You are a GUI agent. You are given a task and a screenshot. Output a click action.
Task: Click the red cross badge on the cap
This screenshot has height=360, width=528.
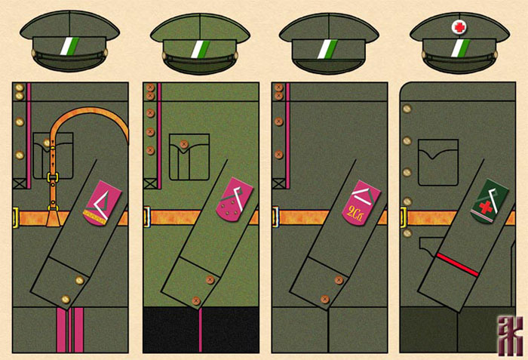pyautogui.click(x=459, y=28)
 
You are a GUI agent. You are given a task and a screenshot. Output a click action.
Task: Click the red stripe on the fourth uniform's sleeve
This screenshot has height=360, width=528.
pyautogui.click(x=459, y=264)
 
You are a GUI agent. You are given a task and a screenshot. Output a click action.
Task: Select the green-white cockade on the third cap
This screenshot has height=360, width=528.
pyautogui.click(x=328, y=48)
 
